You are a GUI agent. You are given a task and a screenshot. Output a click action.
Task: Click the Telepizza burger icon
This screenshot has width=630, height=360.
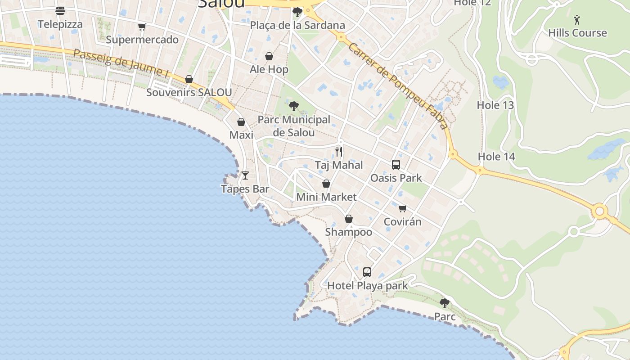[60, 11]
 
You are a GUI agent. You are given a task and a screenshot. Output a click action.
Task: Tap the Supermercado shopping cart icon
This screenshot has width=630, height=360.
[142, 27]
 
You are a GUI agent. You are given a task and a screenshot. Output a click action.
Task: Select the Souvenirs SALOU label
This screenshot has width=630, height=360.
[189, 93]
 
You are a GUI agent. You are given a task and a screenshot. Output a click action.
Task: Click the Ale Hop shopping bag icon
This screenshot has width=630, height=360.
[269, 56]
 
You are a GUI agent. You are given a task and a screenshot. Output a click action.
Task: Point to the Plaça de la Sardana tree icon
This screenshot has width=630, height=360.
[297, 12]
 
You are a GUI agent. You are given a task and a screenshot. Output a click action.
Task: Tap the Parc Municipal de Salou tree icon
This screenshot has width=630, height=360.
[294, 106]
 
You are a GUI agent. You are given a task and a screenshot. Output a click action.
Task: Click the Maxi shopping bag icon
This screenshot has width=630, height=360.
[241, 122]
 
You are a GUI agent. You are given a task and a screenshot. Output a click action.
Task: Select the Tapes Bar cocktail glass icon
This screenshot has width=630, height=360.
[245, 175]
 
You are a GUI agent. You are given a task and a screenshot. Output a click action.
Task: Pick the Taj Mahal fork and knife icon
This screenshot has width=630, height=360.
[339, 151]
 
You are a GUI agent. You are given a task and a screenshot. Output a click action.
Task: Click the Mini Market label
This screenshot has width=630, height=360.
[326, 197]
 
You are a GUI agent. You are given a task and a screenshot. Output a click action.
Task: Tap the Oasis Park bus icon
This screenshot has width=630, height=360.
[396, 165]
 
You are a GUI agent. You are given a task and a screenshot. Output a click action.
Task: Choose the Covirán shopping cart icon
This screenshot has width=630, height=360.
[403, 208]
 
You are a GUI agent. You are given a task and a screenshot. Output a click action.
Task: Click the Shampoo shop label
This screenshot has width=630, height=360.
[349, 232]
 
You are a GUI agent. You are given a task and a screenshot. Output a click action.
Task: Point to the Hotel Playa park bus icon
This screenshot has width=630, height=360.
[367, 272]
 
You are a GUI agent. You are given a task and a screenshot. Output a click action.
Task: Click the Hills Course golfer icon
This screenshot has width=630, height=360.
[577, 20]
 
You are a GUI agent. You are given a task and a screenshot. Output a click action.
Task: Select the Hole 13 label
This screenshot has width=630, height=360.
[495, 105]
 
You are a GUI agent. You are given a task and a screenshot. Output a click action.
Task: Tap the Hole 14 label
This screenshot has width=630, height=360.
[496, 157]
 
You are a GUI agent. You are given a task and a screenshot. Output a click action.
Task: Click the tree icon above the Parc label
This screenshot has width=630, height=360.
[445, 303]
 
